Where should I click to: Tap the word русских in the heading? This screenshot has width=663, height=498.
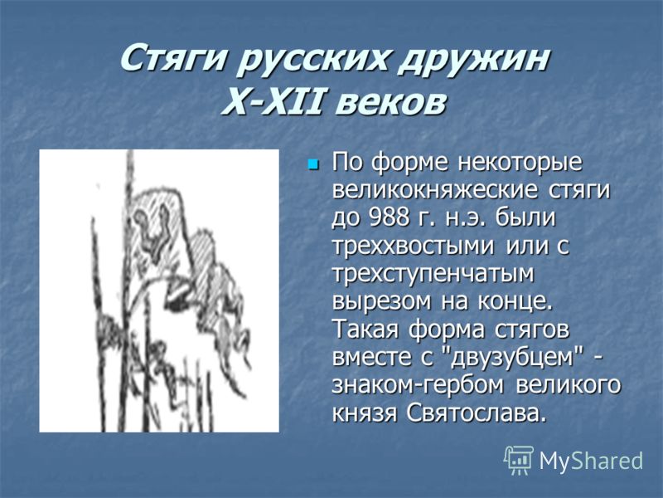coord(312,60)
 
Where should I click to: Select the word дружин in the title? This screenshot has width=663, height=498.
coord(473,60)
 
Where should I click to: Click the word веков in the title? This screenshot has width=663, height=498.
coord(390,103)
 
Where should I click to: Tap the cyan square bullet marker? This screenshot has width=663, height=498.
coord(313,163)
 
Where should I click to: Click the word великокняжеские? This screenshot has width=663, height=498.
coord(435,190)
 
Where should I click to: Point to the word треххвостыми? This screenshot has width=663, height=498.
coord(413,246)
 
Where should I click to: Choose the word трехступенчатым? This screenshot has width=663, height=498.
coord(433,275)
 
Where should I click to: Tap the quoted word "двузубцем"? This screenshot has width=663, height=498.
coord(512,357)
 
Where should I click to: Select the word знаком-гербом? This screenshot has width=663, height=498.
coord(420,385)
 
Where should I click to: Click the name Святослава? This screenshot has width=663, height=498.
coord(474,413)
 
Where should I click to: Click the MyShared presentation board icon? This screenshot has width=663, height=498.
coord(519,460)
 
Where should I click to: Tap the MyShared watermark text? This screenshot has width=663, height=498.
coord(591,461)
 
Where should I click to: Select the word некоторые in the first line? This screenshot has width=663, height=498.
coord(520,163)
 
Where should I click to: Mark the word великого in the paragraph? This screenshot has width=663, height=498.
coord(569,385)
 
